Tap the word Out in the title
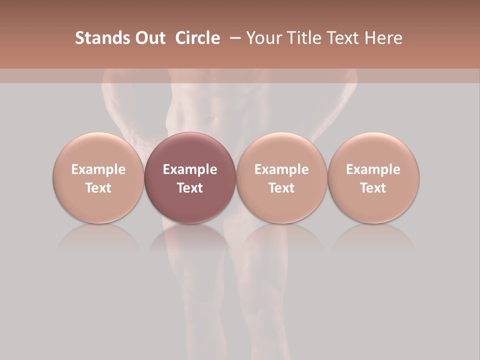click(149, 38)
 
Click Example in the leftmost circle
click(98, 169)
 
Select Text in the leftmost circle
click(98, 188)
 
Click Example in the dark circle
click(190, 169)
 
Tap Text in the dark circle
click(190, 188)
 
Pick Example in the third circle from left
click(281, 169)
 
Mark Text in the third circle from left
click(281, 188)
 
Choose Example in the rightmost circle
click(373, 169)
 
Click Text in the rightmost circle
click(373, 188)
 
